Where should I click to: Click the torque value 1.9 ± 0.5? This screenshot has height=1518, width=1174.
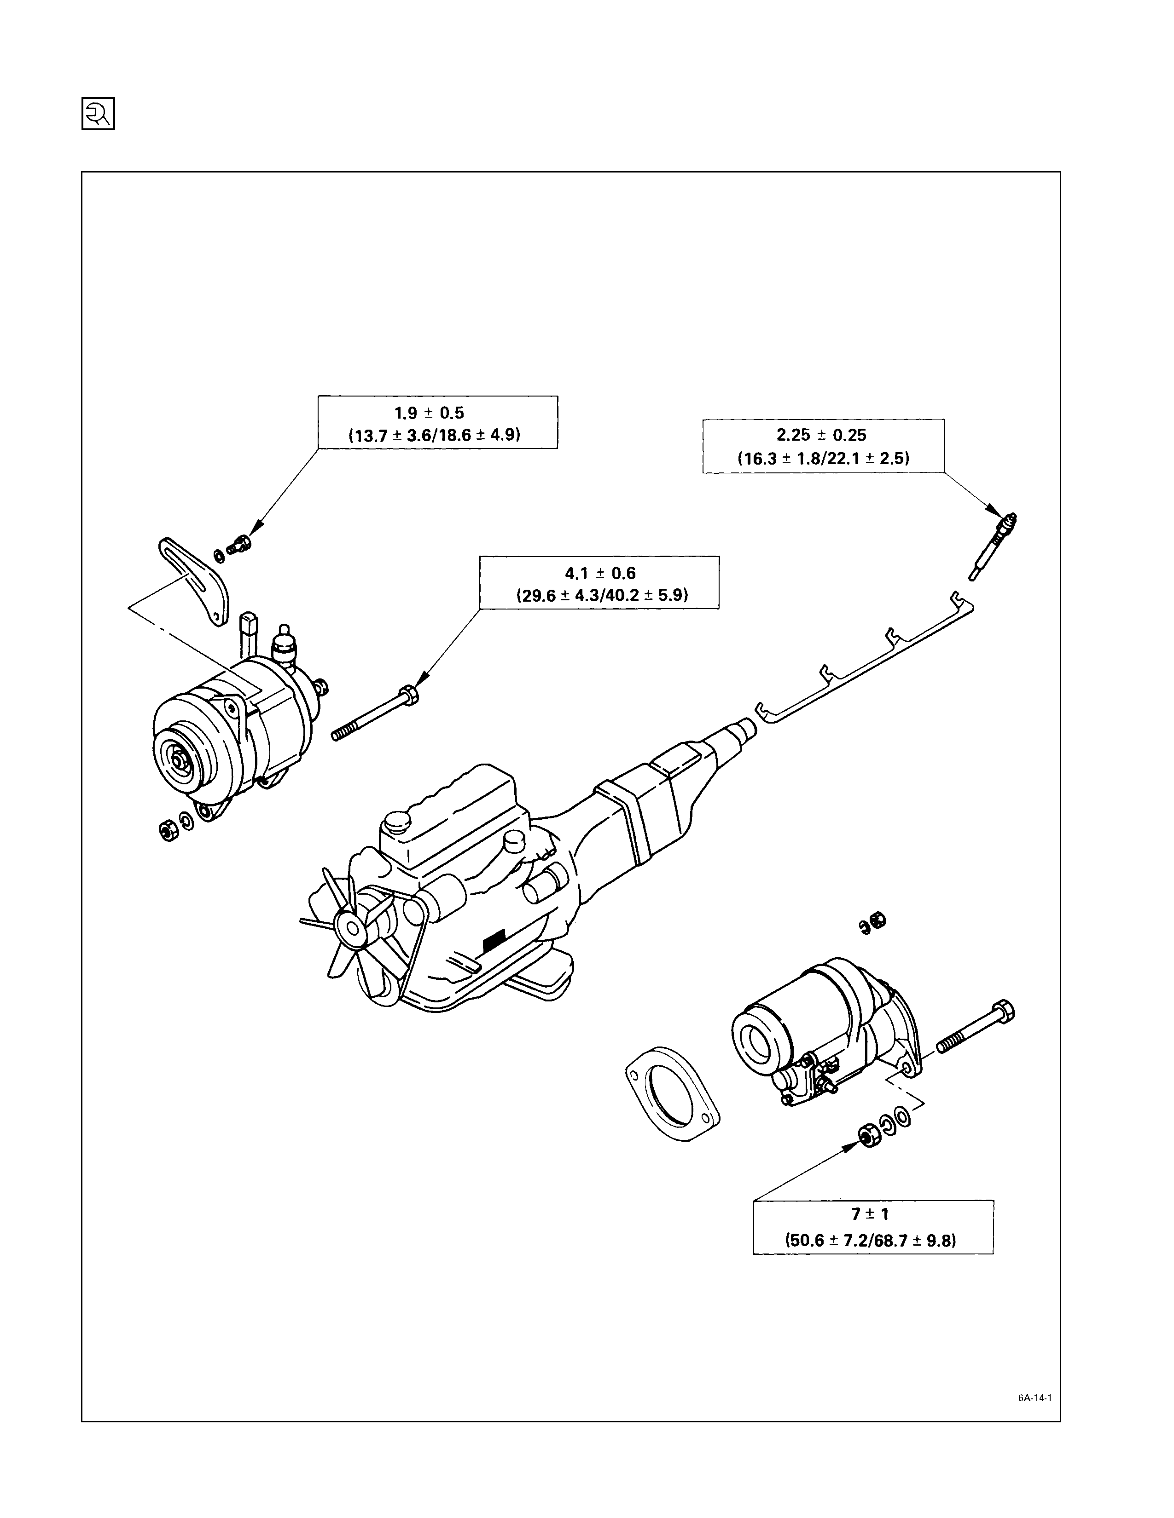coord(429,413)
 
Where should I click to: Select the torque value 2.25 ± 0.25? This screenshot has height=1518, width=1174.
coord(822,435)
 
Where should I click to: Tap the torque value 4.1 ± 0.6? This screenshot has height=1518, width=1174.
coord(600,574)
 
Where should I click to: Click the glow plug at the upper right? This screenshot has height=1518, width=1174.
coord(993,545)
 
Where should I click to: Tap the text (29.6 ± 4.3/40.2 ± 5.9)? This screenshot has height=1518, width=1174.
coord(600,596)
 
